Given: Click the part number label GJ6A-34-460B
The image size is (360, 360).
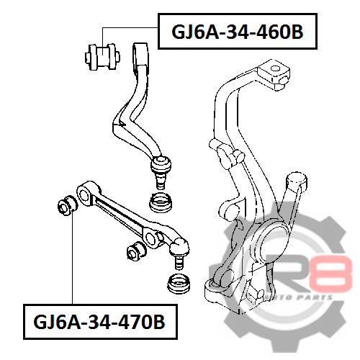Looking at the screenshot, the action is click(x=238, y=32).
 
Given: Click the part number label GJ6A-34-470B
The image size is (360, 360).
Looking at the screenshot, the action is click(x=99, y=322).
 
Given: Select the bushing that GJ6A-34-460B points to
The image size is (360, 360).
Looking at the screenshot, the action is click(x=102, y=57).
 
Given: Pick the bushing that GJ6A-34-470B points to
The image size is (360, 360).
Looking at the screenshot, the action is click(x=68, y=205).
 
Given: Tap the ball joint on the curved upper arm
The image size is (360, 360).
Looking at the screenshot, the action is click(x=161, y=164).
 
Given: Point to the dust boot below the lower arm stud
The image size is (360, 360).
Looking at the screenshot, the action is click(x=179, y=284).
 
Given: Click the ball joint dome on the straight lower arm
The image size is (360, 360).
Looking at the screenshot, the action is click(x=179, y=247).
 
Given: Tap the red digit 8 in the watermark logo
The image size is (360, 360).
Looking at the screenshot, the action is click(x=330, y=274).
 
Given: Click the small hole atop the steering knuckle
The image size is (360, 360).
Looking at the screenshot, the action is click(x=275, y=68).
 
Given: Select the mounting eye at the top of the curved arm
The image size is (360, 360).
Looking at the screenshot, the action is click(x=141, y=54).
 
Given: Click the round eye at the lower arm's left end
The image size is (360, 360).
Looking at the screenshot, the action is click(x=84, y=195).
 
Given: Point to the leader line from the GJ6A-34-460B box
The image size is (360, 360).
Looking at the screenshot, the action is click(x=130, y=28).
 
